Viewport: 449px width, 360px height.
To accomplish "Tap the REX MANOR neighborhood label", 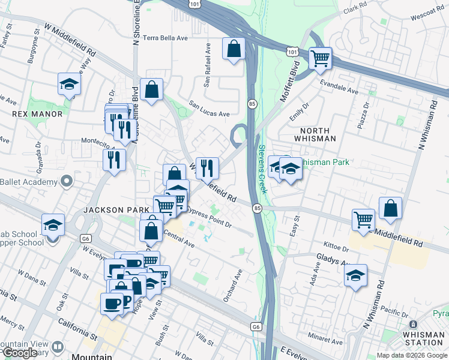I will point(29,113).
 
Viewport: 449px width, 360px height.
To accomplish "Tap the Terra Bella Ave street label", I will point(165,38).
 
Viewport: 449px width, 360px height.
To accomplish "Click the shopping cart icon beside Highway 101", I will point(321,58).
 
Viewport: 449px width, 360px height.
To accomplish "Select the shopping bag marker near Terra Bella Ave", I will point(234,48).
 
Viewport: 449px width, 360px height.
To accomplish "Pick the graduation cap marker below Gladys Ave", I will point(356,275).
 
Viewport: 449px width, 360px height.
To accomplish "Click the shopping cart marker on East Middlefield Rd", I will point(363,220).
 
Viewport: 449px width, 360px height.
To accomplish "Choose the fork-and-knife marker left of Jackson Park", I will point(112,160).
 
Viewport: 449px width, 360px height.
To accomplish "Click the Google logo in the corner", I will point(20,353).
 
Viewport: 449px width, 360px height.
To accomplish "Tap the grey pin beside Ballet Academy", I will point(66,181).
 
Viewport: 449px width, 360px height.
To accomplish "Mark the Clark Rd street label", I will point(355,8).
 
